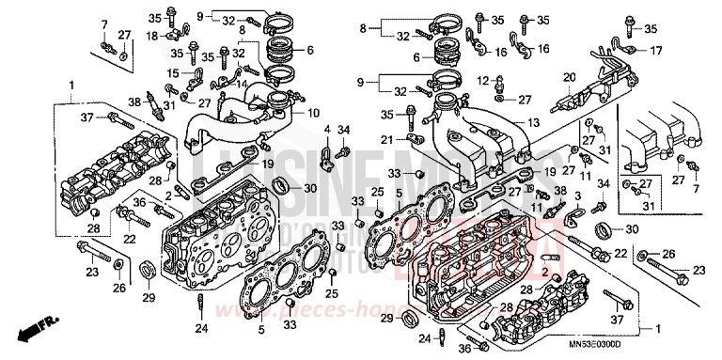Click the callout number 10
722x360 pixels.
tap(313, 113)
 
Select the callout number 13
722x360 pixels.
tap(532, 123)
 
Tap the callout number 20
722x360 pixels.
tap(569, 77)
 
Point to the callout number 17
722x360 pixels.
tap(656, 50)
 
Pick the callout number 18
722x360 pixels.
tap(152, 35)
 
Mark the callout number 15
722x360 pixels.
tap(174, 72)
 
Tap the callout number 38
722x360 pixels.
tap(134, 102)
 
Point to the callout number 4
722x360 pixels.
tap(326, 129)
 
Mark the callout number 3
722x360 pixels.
tap(578, 192)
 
